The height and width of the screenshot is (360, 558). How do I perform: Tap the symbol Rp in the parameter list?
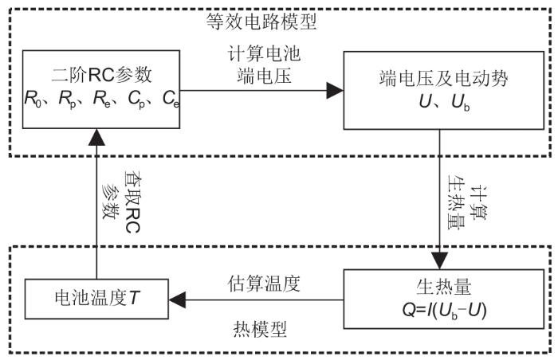tap(67, 100)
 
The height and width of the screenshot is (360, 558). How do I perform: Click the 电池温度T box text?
tap(96, 299)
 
